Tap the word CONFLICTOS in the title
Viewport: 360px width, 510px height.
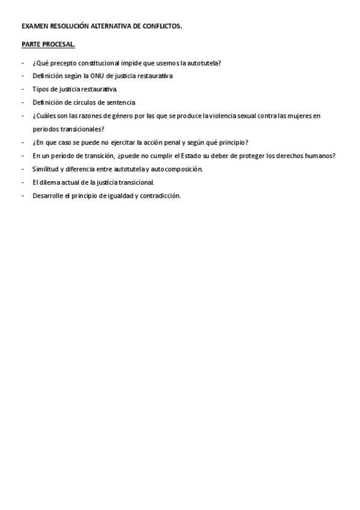[161, 26]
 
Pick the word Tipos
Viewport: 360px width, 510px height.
[40, 90]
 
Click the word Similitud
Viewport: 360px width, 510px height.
[45, 169]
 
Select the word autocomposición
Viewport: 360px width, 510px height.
[174, 169]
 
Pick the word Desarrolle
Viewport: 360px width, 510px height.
[47, 195]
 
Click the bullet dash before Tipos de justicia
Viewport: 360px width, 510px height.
[22, 90]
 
